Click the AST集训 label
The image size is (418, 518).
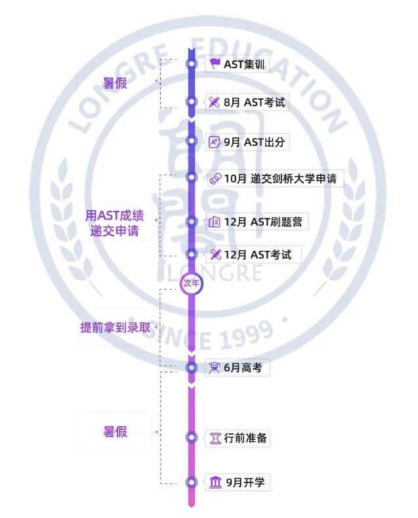pos(240,64)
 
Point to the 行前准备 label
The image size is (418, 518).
pos(245,438)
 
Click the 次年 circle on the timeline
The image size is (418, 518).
pos(191,283)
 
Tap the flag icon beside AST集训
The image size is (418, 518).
pos(215,64)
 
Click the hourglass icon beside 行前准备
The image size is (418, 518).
pos(215,438)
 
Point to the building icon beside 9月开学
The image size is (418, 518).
pos(215,483)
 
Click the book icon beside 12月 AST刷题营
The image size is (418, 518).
pos(214,222)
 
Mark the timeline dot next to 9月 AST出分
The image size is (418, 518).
pos(192,140)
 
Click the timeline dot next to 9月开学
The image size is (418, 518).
pos(192,483)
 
